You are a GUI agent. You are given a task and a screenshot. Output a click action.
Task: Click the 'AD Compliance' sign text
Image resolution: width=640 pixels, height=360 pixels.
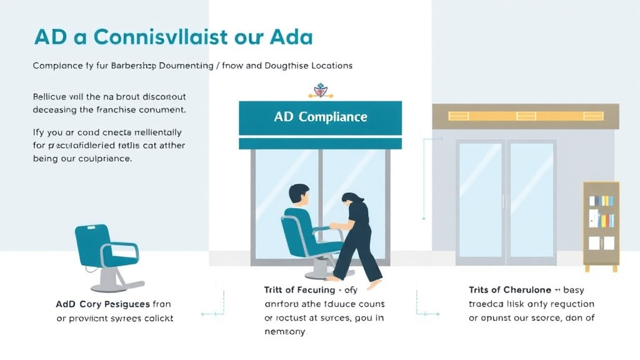(x=320, y=117)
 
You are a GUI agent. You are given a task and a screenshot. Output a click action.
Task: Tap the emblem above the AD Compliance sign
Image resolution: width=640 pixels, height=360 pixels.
(x=320, y=91)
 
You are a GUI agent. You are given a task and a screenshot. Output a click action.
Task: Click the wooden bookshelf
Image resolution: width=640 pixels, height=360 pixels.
(x=601, y=226)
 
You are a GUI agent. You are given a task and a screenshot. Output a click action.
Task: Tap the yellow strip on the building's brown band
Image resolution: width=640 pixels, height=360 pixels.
(x=525, y=116)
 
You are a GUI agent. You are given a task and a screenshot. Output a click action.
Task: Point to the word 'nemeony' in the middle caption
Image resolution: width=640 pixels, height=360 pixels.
(x=285, y=332)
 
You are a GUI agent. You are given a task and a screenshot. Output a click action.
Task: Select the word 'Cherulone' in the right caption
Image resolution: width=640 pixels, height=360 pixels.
(x=526, y=291)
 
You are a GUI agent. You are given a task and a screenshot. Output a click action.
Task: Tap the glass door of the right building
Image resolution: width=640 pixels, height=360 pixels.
(x=507, y=200)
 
